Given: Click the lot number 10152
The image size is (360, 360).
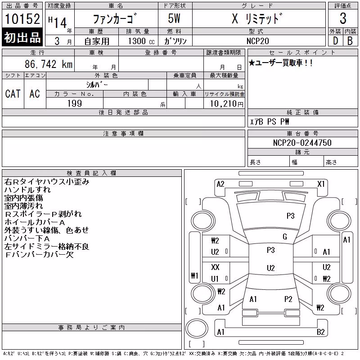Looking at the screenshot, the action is (22, 19).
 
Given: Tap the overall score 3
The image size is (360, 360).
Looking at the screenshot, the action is (343, 18).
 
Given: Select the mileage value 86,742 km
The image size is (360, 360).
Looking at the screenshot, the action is (49, 64).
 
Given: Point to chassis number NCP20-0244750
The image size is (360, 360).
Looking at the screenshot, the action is (302, 143).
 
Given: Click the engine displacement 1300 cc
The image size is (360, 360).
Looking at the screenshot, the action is (141, 41).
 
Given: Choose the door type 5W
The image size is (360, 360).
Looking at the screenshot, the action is (174, 18).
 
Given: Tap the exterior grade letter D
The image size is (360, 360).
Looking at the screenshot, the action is (335, 41).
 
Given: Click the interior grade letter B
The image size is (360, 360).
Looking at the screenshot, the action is (350, 41).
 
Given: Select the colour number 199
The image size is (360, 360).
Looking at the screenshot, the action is (75, 103).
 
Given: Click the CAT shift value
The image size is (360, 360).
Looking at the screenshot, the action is (13, 94).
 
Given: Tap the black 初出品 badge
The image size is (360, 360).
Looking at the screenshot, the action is (22, 37).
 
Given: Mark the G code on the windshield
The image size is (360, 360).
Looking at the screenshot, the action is (285, 237).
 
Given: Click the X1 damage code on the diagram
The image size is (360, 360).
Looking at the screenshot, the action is (321, 184).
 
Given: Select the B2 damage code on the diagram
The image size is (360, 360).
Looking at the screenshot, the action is (320, 332).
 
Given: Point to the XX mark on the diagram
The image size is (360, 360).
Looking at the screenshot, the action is (215, 267).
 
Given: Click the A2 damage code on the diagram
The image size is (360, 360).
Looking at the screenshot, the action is (220, 184).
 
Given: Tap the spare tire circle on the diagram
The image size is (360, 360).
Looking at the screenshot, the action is (197, 328).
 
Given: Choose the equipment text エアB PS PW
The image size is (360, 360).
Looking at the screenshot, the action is (269, 121).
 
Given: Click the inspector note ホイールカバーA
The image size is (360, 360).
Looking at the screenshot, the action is (35, 222).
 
